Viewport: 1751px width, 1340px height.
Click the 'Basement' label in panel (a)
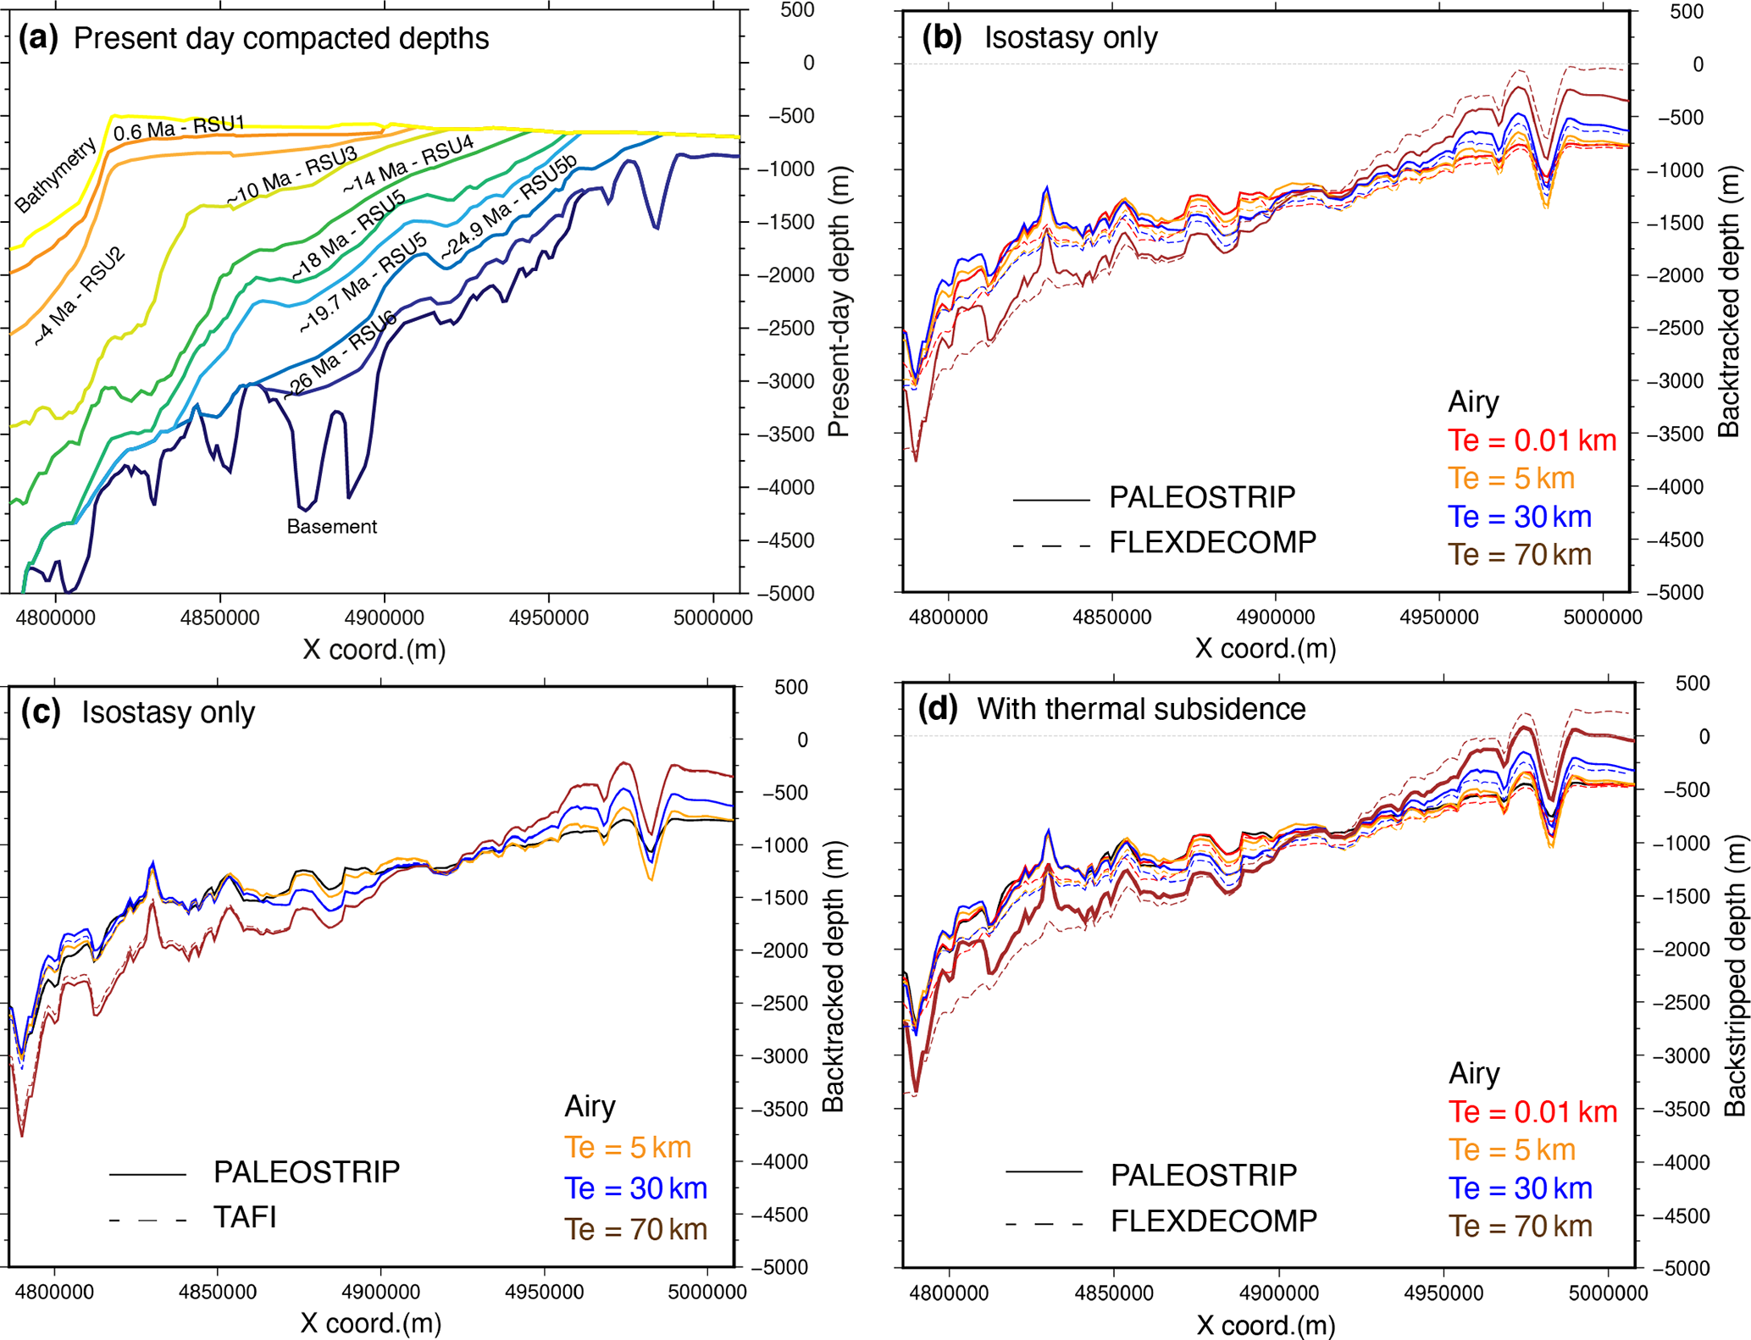(331, 527)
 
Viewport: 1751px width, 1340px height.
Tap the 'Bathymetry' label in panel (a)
(56, 175)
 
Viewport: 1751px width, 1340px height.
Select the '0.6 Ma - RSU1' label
(179, 128)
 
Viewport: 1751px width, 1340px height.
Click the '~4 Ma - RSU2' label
(80, 296)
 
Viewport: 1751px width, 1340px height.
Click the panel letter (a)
(38, 38)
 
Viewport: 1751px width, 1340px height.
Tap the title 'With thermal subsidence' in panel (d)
(1141, 709)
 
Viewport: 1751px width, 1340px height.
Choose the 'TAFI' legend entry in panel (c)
(245, 1217)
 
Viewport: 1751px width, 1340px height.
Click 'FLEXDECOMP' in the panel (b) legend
(1212, 542)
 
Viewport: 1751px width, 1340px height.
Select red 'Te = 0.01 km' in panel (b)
(1532, 440)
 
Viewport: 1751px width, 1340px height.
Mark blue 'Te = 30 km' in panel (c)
(635, 1188)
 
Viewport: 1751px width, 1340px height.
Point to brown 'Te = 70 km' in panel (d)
(1520, 1226)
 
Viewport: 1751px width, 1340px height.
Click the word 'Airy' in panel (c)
(590, 1106)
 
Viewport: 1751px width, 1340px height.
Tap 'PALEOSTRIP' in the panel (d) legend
(1203, 1175)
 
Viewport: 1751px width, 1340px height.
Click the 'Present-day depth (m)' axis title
(838, 302)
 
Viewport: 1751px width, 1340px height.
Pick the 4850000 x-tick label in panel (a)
(219, 617)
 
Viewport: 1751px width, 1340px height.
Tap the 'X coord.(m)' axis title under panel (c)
(371, 1323)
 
